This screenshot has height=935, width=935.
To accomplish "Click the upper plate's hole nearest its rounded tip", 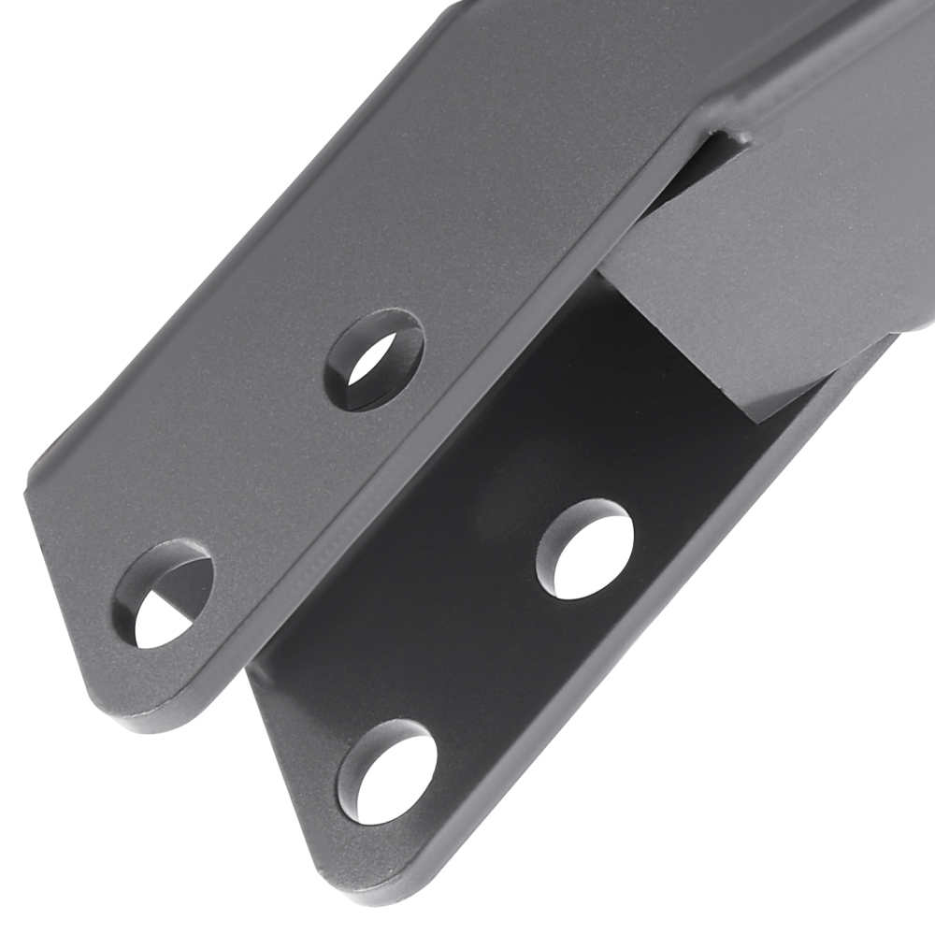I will point(163,595).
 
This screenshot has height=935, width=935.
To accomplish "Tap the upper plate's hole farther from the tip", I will point(374,360).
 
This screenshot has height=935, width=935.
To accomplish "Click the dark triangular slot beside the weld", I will point(697,173).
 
